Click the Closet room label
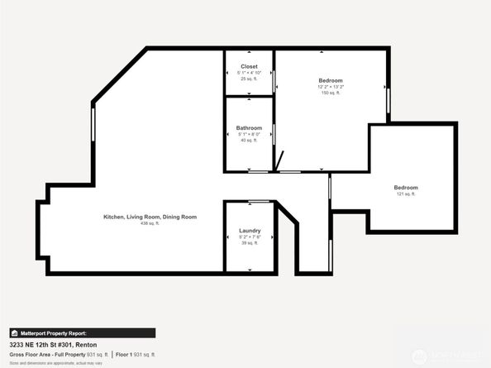(249, 66)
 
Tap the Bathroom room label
(249, 128)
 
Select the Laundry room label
(250, 230)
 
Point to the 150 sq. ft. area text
(331, 93)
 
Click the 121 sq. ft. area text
(406, 194)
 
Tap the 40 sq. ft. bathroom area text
(249, 141)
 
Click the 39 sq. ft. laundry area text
(250, 242)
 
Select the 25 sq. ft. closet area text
(249, 79)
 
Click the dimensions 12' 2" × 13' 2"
(331, 86)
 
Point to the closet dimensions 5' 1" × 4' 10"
(249, 73)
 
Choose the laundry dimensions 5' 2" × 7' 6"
(250, 237)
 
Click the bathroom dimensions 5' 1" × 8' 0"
(249, 135)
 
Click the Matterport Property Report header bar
(82, 332)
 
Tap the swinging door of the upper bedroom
(279, 160)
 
